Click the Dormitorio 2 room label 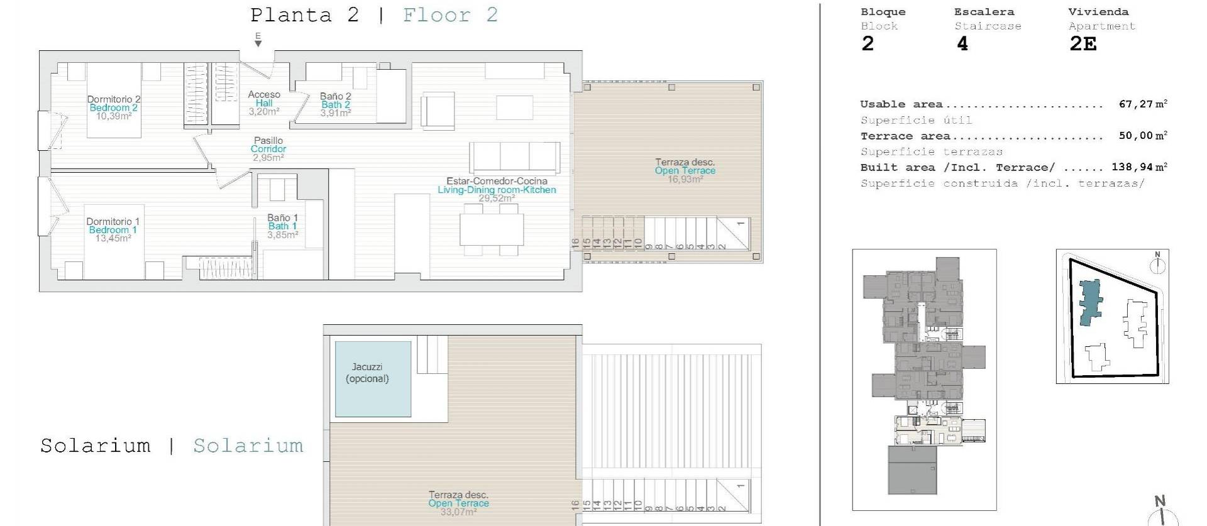(x=114, y=99)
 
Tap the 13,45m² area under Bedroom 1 (x=113, y=238)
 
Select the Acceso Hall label (x=264, y=99)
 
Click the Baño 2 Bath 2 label (x=335, y=101)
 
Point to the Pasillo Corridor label (x=268, y=145)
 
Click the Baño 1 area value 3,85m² (x=282, y=235)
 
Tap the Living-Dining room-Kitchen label (x=497, y=190)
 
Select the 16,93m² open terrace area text (x=685, y=179)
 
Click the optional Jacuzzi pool (x=373, y=379)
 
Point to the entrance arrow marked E (x=258, y=41)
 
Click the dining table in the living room (x=491, y=230)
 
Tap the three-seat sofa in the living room (x=514, y=157)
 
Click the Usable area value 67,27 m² (x=1142, y=104)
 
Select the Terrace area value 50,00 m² (x=1142, y=136)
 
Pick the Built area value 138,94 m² (x=1138, y=167)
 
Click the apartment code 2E (x=1083, y=44)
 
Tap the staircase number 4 (x=962, y=44)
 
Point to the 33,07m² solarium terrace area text (x=458, y=512)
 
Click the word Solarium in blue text (x=248, y=446)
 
